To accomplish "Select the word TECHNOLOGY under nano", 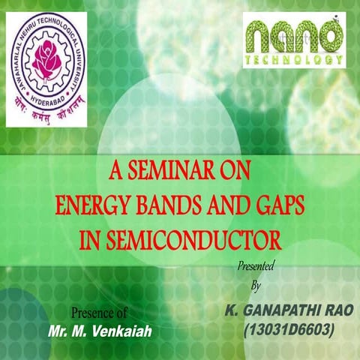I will coord(294,58).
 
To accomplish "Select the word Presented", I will coord(255,266).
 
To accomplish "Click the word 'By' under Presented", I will coord(254,286).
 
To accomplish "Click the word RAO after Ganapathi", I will coord(332,310).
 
